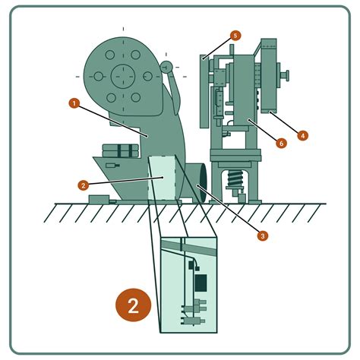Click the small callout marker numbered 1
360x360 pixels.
click(74, 103)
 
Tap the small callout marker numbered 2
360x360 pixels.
click(84, 185)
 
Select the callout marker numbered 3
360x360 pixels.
click(262, 236)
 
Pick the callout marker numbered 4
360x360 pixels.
click(303, 136)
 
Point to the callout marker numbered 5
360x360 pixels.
click(235, 36)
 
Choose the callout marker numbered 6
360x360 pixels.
click(281, 144)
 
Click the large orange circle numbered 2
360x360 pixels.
click(134, 305)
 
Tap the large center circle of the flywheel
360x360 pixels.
click(123, 76)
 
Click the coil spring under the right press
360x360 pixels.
click(235, 178)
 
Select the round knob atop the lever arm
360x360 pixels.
click(166, 67)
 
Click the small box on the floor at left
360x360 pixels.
click(99, 199)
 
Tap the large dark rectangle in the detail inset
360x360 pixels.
click(201, 283)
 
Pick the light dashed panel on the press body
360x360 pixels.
click(162, 178)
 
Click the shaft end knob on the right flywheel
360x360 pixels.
click(286, 76)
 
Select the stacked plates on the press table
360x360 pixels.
click(121, 150)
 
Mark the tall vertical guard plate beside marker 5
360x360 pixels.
click(204, 91)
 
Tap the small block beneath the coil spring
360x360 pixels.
click(242, 198)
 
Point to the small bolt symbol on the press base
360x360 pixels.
click(112, 166)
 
